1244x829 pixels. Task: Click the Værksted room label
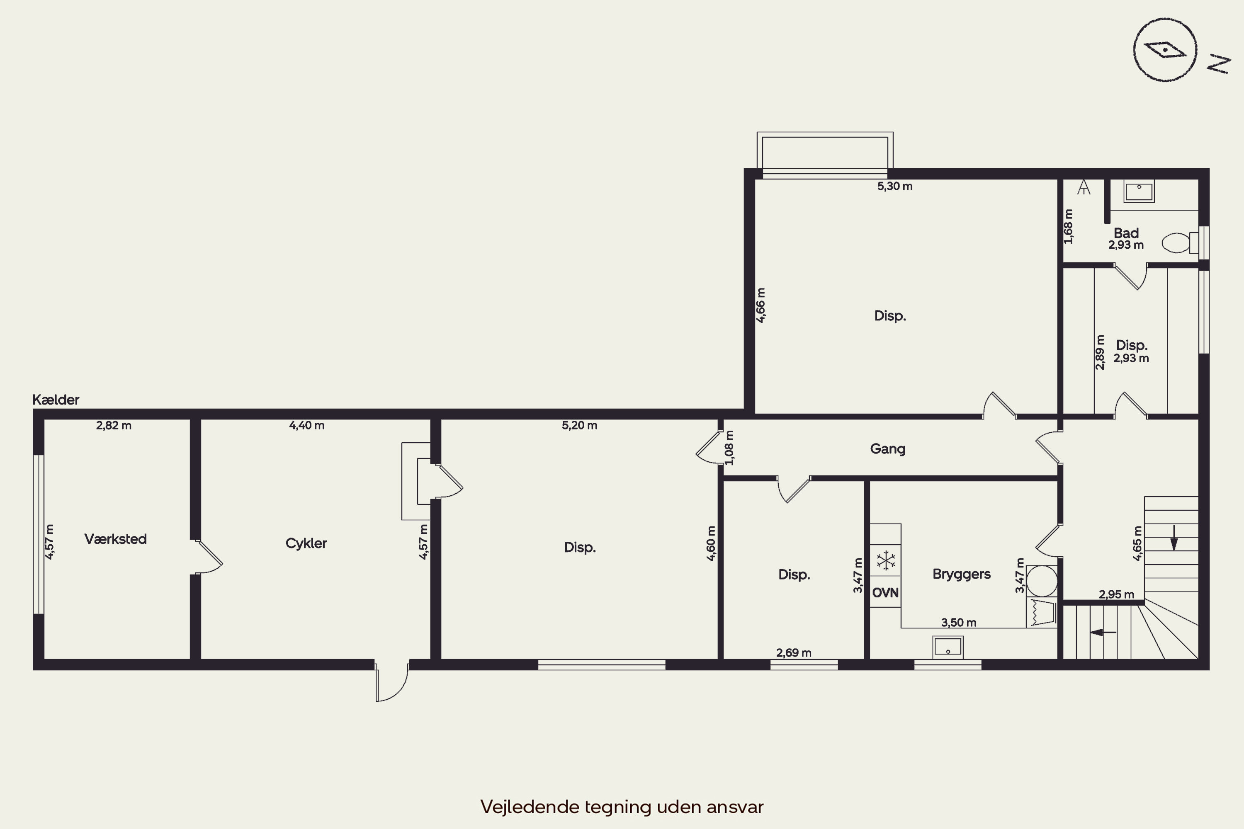[x=115, y=539]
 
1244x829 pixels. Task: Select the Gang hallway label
[x=887, y=449]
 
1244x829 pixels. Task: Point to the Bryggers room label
[x=962, y=574]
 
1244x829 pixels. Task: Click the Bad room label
[x=1126, y=233]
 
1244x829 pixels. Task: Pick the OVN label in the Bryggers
[x=885, y=593]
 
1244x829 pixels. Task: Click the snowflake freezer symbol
[x=886, y=560]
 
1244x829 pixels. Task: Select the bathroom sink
[x=1139, y=191]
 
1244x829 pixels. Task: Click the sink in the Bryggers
[x=948, y=647]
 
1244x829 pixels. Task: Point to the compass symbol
[x=1165, y=50]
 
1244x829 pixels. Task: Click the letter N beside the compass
[x=1219, y=63]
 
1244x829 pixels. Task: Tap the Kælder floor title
[x=56, y=400]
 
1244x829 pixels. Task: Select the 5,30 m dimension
[x=895, y=186]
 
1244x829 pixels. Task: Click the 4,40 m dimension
[x=307, y=425]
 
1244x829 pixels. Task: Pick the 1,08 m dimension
[x=729, y=447]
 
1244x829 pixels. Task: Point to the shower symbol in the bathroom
[x=1084, y=187]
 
